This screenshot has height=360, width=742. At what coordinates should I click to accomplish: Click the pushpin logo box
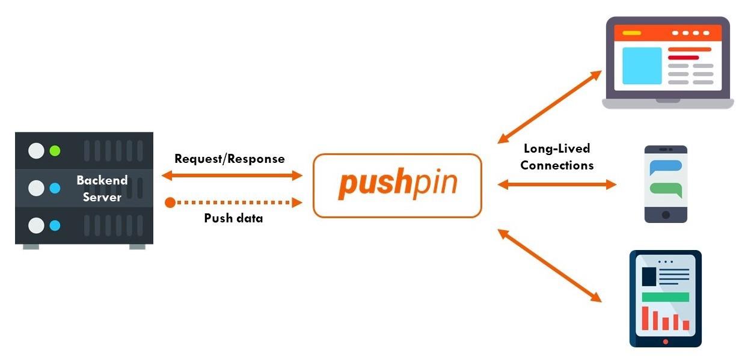point(397,185)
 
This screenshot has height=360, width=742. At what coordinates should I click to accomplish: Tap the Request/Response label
point(229,159)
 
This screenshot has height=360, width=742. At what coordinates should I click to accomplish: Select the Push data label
point(233,218)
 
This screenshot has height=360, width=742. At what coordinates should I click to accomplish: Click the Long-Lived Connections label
point(557,156)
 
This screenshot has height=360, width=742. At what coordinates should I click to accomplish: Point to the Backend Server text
point(102,188)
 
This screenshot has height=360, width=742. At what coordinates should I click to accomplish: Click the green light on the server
point(55,150)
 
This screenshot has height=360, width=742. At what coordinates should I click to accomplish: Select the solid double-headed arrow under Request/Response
point(232,175)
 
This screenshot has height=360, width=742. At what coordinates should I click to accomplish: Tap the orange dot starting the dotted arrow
point(170,203)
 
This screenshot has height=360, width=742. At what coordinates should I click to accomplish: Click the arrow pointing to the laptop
point(550,106)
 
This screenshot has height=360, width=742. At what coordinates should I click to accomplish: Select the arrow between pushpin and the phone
point(557,185)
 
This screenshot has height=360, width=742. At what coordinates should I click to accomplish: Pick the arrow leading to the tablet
point(550,265)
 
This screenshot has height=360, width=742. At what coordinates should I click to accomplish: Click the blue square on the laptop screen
point(642,66)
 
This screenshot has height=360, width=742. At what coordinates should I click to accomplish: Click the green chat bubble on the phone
point(666,189)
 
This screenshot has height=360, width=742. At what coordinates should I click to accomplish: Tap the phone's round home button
point(666,215)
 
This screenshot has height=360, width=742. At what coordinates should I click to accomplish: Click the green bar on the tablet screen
point(665,297)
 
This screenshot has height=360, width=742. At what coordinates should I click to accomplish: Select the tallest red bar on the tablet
point(645,318)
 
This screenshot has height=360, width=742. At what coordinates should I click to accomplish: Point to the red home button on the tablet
point(665,341)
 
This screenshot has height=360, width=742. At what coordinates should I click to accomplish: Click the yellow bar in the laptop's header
point(631,32)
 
